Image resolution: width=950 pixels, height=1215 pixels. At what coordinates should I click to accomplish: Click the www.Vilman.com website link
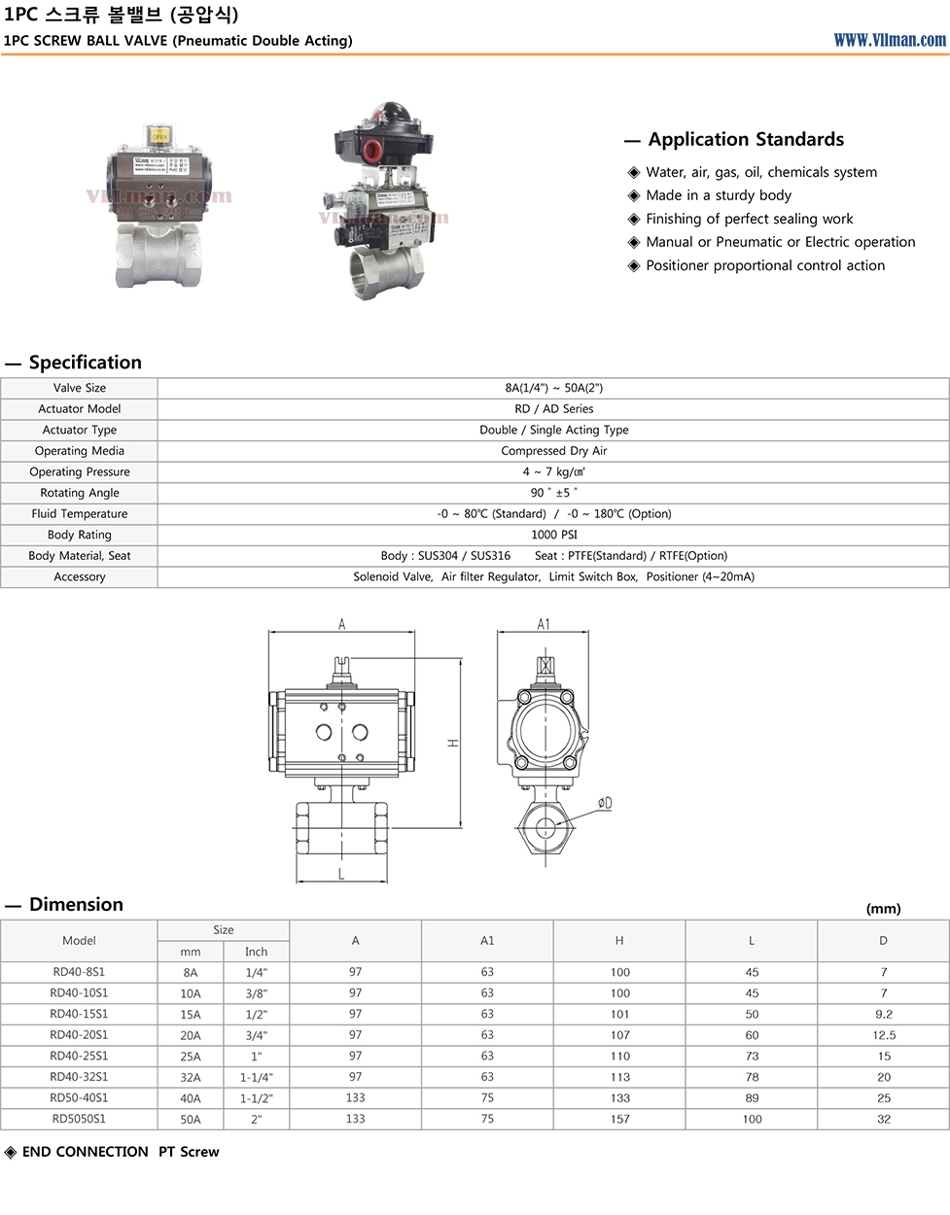889,40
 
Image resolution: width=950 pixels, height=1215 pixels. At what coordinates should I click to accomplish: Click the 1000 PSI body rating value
553,535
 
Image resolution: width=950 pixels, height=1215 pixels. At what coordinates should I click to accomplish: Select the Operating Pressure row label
80,472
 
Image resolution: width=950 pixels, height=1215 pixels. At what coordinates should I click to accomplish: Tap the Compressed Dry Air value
553,451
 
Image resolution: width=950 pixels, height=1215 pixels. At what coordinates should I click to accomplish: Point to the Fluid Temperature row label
80,514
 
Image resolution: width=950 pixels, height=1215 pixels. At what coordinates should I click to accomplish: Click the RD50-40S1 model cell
80,1098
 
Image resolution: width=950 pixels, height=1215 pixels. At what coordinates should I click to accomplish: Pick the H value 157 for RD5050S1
619,1120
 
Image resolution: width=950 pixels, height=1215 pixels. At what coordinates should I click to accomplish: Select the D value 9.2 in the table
883,1015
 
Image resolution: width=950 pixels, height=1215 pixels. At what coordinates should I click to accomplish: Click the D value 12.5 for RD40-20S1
883,1036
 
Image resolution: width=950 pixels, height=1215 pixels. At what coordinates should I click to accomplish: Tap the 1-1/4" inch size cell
256,1078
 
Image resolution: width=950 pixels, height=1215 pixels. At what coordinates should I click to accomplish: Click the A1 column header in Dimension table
487,941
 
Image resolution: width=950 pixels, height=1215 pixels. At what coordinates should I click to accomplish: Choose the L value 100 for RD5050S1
752,1120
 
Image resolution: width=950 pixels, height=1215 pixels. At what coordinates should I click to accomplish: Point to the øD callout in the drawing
605,804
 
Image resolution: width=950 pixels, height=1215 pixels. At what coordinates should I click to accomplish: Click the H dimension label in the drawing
453,744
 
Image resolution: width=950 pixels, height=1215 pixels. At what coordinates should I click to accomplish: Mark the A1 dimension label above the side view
544,625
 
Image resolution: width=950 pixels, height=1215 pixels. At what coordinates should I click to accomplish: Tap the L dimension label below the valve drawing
341,875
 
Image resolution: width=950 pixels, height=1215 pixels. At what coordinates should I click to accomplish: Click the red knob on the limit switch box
370,152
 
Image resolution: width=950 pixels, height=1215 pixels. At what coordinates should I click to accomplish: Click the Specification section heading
86,363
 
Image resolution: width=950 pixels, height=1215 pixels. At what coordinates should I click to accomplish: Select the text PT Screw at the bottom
189,1152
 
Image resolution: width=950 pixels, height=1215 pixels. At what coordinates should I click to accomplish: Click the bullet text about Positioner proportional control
765,265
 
